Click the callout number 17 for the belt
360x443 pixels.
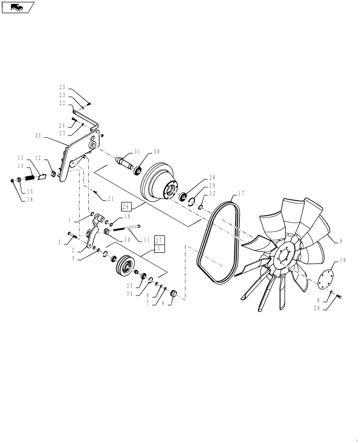[241, 193]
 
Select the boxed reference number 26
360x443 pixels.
[125, 206]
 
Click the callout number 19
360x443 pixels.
[343, 260]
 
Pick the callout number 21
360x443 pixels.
[111, 198]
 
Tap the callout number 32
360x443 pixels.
[213, 194]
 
